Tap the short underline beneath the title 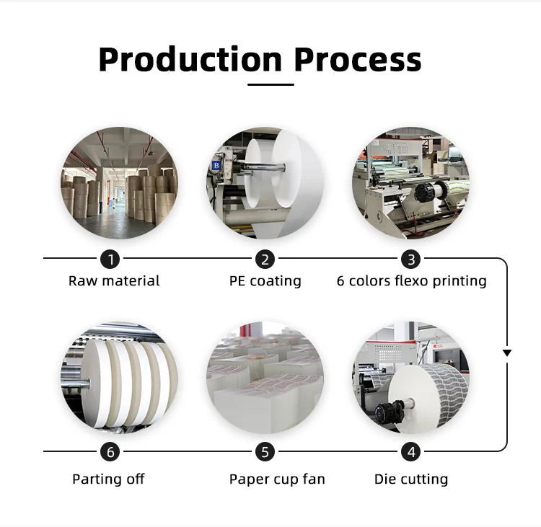pyautogui.click(x=270, y=84)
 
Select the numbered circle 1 pyautogui.click(x=110, y=258)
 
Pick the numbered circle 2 pyautogui.click(x=265, y=258)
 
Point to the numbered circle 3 pyautogui.click(x=411, y=258)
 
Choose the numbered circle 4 pyautogui.click(x=411, y=452)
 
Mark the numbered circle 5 pyautogui.click(x=265, y=452)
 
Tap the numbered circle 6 pyautogui.click(x=110, y=452)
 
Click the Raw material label pyautogui.click(x=114, y=281)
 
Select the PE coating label pyautogui.click(x=265, y=281)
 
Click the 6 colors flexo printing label pyautogui.click(x=411, y=281)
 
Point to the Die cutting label pyautogui.click(x=411, y=479)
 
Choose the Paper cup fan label pyautogui.click(x=277, y=479)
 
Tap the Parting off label pyautogui.click(x=108, y=479)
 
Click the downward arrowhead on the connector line pyautogui.click(x=507, y=353)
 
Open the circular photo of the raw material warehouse pyautogui.click(x=119, y=184)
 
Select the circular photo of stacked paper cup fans pyautogui.click(x=265, y=378)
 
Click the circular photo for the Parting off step pyautogui.click(x=119, y=378)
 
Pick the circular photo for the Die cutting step pyautogui.click(x=411, y=378)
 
